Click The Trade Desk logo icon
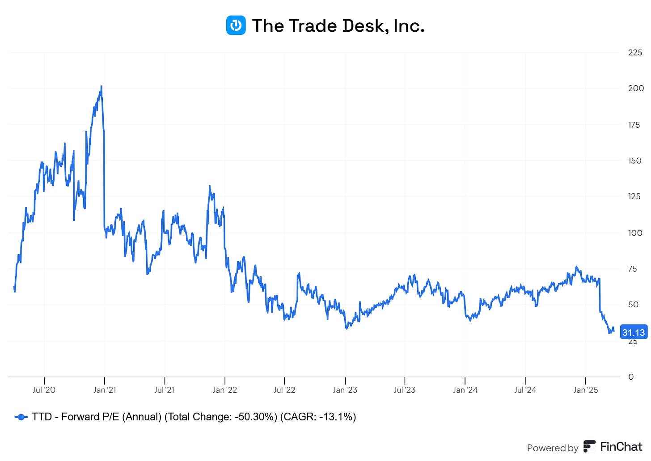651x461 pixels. point(236,25)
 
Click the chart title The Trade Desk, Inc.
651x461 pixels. point(338,26)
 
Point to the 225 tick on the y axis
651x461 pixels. point(635,53)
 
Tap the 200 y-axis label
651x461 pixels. point(636,88)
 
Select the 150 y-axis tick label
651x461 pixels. point(634,161)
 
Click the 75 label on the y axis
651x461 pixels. point(632,269)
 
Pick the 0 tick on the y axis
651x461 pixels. point(631,377)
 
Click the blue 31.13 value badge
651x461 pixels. point(634,332)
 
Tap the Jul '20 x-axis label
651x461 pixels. point(44,390)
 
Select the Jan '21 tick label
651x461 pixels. point(105,390)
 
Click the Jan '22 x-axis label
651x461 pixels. point(225,390)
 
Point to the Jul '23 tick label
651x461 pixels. point(405,390)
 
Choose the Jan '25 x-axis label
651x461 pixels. point(586,390)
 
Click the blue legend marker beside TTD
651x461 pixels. point(21,417)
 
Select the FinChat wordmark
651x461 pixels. point(621,447)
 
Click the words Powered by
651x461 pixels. point(553,448)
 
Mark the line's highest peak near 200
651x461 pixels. point(101,86)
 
